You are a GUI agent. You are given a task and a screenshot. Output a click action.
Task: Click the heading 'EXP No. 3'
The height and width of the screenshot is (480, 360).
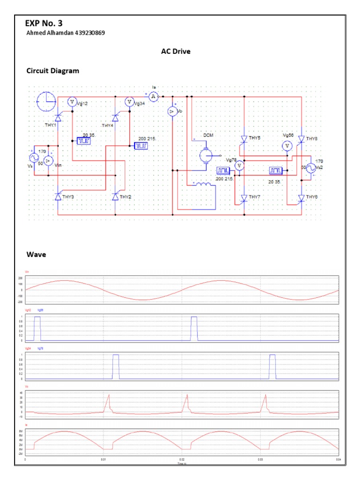pyautogui.click(x=44, y=23)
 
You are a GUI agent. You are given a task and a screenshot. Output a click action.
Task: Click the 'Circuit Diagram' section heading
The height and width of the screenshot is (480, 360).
pyautogui.click(x=52, y=71)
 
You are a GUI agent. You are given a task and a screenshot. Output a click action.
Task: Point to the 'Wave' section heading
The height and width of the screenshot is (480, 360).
pyautogui.click(x=36, y=255)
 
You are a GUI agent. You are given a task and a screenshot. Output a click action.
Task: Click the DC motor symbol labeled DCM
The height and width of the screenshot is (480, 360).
pyautogui.click(x=206, y=156)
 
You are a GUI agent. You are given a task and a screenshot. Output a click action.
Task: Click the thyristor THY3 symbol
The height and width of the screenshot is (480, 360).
pyautogui.click(x=58, y=197)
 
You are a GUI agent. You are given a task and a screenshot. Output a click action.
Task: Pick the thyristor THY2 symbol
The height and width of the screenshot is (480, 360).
pyautogui.click(x=115, y=197)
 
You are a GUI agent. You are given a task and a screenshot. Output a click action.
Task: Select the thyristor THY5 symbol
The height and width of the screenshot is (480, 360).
pyautogui.click(x=244, y=138)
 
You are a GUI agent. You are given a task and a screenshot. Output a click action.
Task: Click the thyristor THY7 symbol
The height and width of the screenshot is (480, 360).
pyautogui.click(x=244, y=197)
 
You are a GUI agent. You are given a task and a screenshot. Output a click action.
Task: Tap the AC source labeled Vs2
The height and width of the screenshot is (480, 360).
pyautogui.click(x=310, y=168)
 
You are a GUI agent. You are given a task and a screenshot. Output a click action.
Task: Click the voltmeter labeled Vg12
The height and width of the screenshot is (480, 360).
pyautogui.click(x=72, y=102)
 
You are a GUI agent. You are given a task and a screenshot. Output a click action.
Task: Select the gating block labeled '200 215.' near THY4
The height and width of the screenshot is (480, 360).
pyautogui.click(x=141, y=146)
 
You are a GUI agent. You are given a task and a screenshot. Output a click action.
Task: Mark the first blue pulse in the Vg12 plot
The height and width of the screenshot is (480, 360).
pyautogui.click(x=37, y=328)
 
